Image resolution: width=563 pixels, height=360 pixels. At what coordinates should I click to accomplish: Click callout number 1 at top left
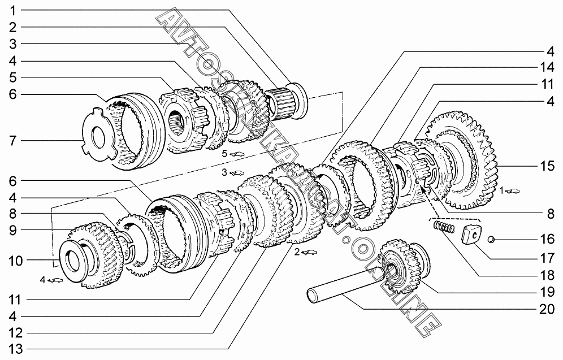13,11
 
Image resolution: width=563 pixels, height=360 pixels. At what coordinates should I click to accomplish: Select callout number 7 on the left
13,140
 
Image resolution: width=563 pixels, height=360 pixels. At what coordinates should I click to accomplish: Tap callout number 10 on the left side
15,261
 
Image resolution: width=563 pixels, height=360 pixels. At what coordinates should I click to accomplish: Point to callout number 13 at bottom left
15,349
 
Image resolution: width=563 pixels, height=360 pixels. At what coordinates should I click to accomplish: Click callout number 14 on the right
547,67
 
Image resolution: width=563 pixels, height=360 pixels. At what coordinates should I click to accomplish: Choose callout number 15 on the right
547,166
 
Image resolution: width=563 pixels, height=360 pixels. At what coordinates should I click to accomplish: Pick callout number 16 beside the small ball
547,239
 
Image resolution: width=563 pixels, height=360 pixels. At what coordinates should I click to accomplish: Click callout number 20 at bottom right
547,309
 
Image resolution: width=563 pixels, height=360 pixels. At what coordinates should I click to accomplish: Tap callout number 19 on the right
547,292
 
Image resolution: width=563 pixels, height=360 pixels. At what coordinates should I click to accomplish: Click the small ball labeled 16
492,239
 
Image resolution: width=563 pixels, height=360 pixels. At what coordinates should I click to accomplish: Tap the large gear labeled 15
463,161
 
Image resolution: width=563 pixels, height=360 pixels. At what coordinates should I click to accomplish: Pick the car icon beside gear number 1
513,191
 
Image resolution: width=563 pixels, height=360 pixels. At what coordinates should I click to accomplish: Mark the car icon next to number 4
55,280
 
